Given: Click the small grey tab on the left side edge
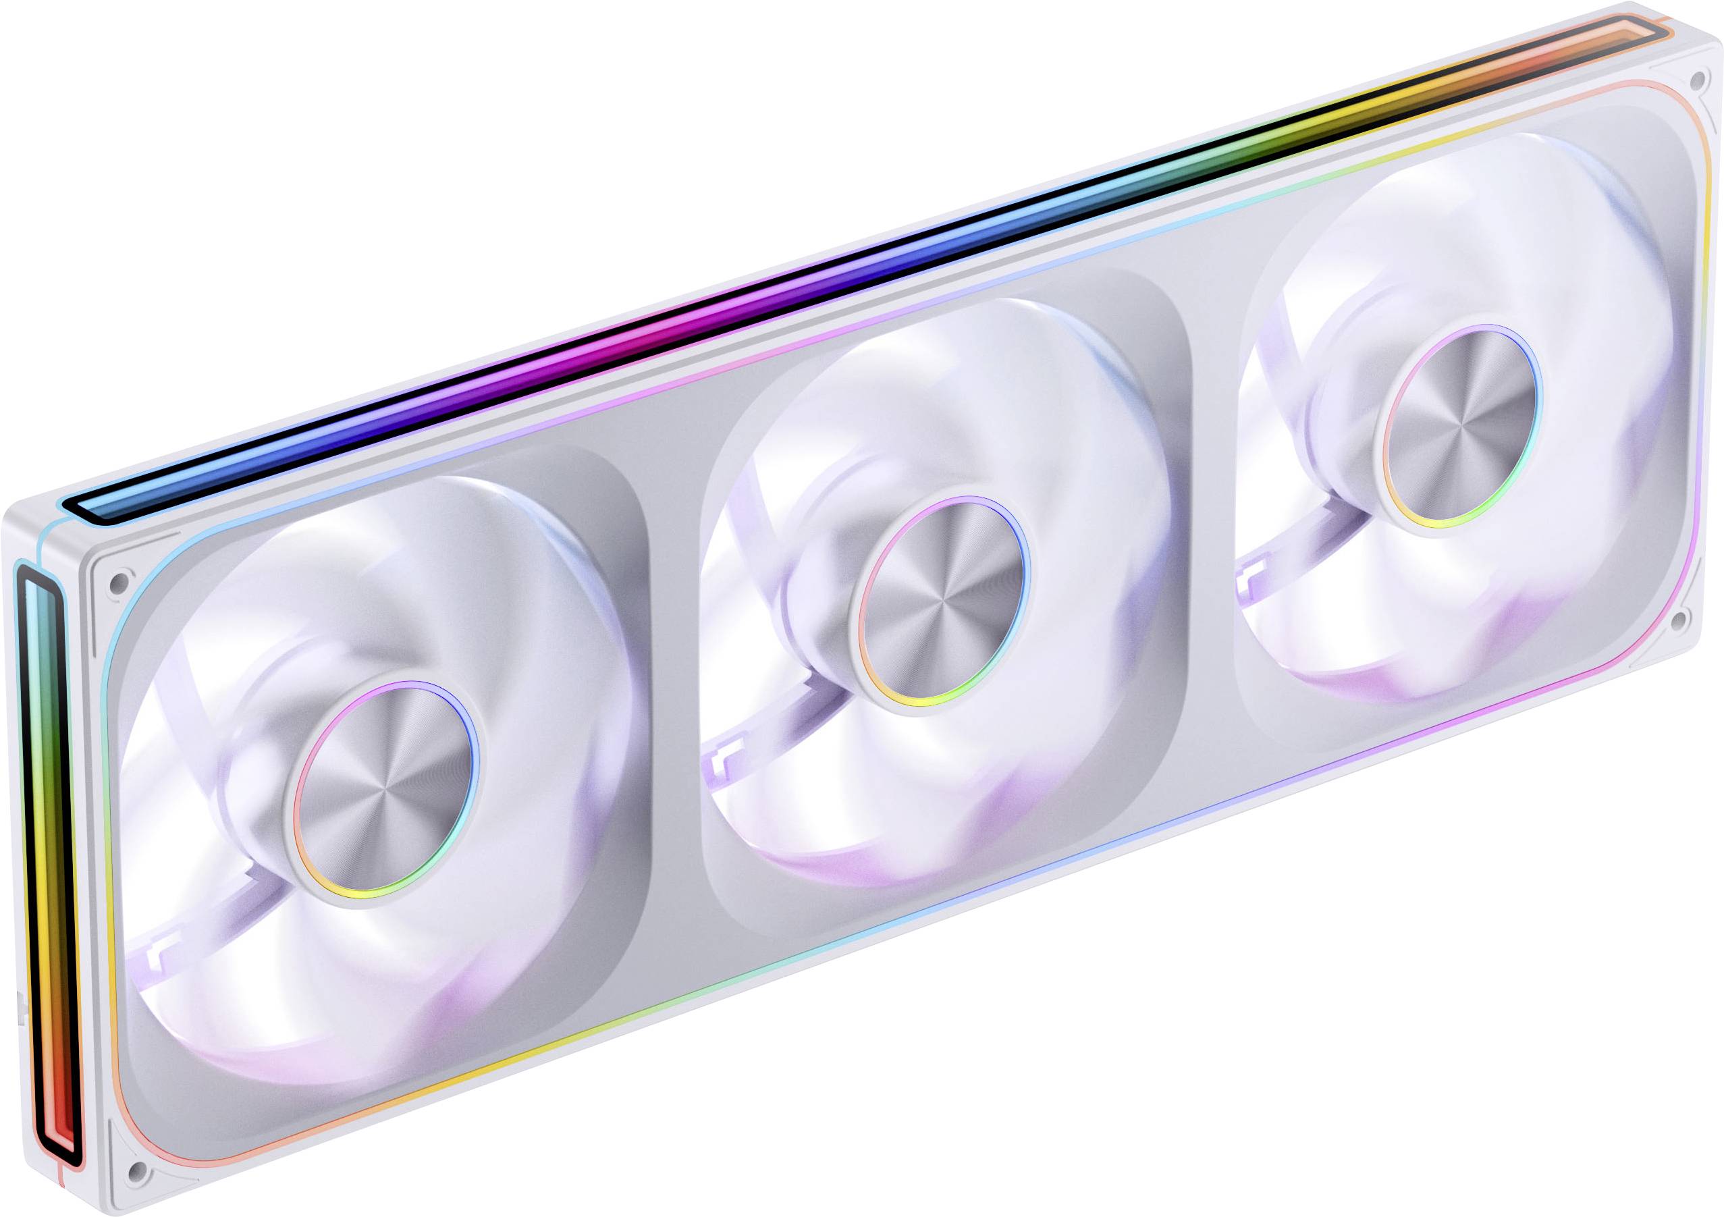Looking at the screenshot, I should coord(18,1006).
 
